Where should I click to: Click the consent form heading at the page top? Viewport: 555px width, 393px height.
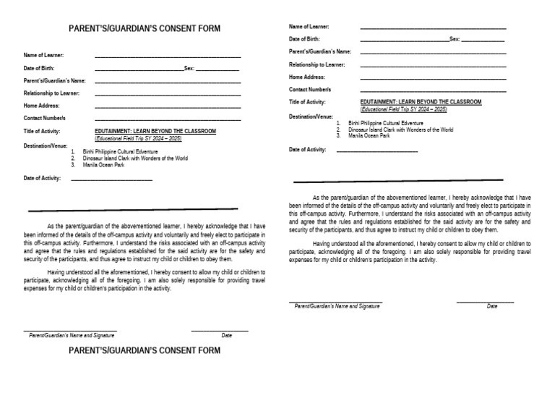(x=144, y=29)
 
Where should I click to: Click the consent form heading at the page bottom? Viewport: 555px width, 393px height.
(x=144, y=351)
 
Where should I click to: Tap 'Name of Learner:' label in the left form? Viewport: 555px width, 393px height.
(x=44, y=55)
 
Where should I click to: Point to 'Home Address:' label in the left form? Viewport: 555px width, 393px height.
(x=41, y=105)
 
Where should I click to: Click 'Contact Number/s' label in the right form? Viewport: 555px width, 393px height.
(x=310, y=89)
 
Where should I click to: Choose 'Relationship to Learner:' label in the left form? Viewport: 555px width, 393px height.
(x=51, y=93)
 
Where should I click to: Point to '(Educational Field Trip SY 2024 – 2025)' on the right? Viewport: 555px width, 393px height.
(x=404, y=109)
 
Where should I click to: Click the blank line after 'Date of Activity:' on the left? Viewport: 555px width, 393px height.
(x=112, y=179)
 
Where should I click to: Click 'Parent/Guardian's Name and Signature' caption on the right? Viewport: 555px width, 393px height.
(x=337, y=306)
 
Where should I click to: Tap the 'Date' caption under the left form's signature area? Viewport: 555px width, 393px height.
(x=226, y=336)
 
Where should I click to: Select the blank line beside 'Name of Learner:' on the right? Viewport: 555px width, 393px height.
(x=433, y=28)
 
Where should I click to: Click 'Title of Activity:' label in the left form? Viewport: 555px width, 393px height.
(x=42, y=131)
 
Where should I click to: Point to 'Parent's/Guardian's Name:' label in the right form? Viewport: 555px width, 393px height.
(x=320, y=51)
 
